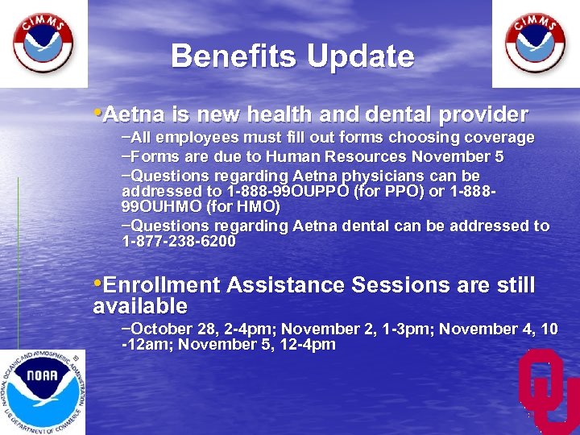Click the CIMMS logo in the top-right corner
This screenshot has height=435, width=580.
click(535, 43)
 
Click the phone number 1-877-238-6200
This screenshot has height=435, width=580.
click(179, 242)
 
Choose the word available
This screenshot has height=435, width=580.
click(140, 306)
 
